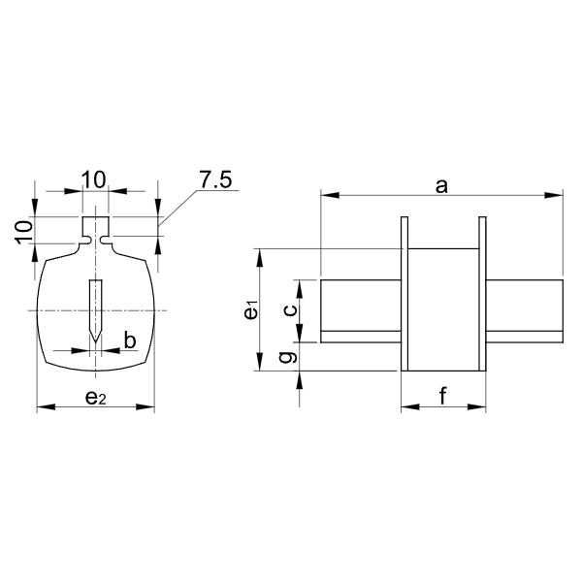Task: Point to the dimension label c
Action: [x=288, y=310]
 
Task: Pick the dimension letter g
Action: [x=287, y=357]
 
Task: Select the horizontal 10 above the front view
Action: [x=94, y=180]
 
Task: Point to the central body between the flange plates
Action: [x=442, y=308]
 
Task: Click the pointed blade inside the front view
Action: [x=94, y=308]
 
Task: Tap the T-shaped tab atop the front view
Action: [x=94, y=231]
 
